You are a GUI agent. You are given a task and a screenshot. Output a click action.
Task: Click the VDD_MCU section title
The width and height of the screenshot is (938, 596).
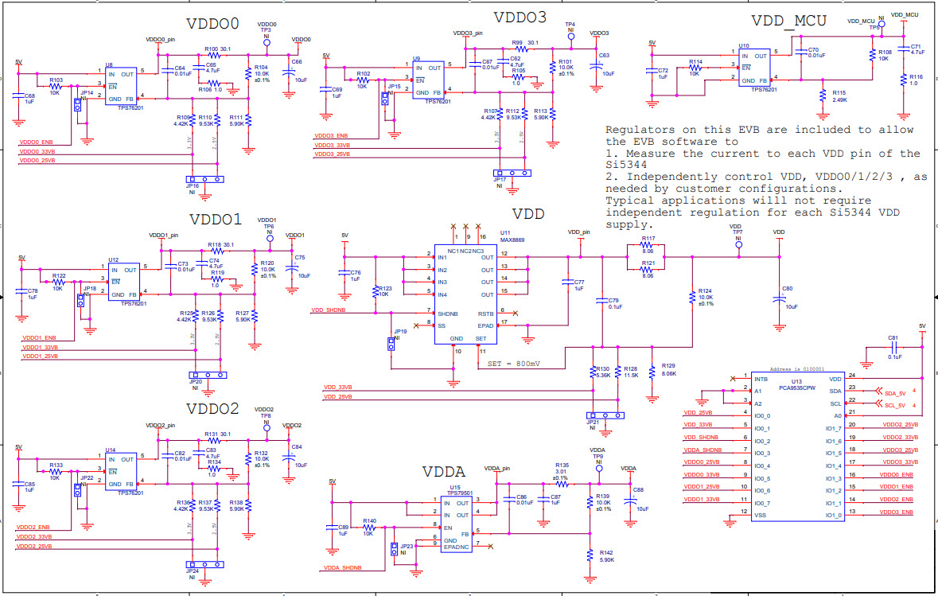click(788, 21)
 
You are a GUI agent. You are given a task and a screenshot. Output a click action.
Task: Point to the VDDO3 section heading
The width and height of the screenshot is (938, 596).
click(520, 18)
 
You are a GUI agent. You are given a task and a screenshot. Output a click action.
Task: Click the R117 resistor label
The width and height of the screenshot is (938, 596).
click(648, 239)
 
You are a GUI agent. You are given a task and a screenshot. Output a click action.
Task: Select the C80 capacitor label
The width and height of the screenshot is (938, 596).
click(787, 288)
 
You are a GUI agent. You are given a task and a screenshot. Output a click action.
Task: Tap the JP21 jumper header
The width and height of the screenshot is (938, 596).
click(603, 415)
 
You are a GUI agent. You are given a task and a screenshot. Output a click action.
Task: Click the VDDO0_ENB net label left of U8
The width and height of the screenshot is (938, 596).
click(36, 142)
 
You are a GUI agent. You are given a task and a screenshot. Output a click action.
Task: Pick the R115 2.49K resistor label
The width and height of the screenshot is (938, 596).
click(839, 95)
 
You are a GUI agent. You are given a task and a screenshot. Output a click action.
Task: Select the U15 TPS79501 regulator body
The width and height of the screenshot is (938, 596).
click(457, 522)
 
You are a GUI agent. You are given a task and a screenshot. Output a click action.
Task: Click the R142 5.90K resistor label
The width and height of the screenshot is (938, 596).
click(606, 555)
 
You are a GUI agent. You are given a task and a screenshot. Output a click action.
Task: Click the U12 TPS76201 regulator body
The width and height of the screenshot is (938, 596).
click(123, 281)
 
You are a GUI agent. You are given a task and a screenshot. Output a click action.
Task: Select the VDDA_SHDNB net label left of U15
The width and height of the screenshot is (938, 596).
click(342, 567)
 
